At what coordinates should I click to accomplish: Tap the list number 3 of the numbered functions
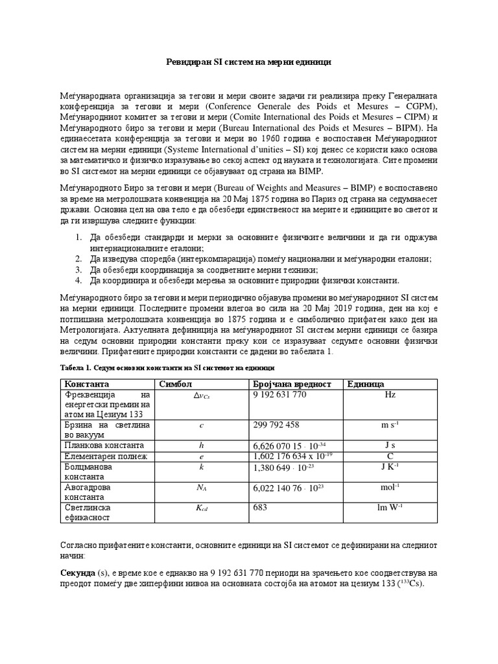[x=77, y=269]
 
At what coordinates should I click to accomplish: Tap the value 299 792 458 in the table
[x=276, y=425]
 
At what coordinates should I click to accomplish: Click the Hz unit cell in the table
[x=390, y=395]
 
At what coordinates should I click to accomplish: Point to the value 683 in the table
[x=259, y=508]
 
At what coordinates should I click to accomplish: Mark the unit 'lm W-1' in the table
[x=390, y=508]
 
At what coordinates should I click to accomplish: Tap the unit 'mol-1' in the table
[x=390, y=487]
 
